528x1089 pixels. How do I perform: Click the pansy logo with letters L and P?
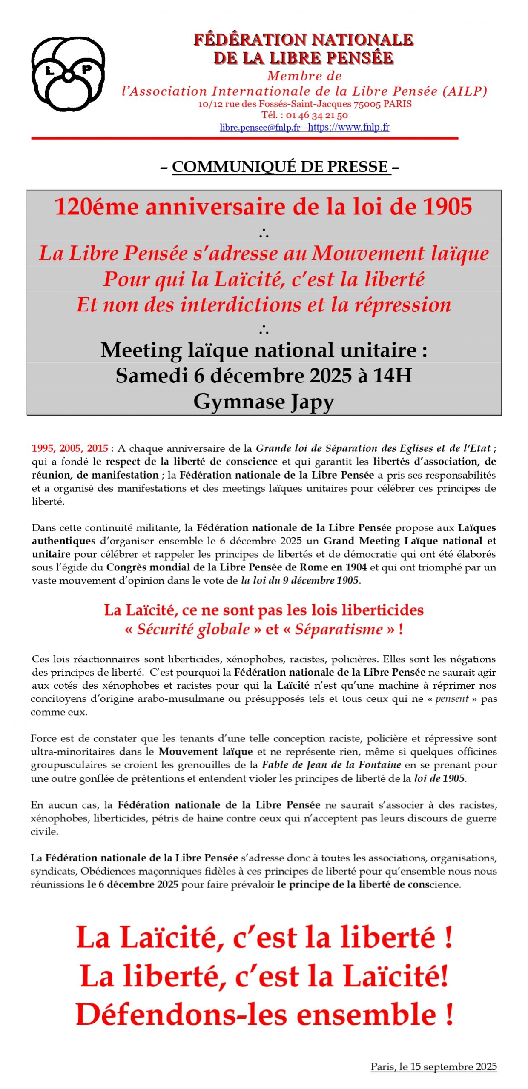tap(68, 74)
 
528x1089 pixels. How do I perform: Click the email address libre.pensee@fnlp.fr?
tap(260, 127)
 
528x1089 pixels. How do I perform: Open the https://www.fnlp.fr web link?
tap(348, 127)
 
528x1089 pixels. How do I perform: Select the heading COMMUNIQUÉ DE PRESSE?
tap(281, 167)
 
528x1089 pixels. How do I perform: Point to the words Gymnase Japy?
tap(264, 401)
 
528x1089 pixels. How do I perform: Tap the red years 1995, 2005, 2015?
tap(70, 448)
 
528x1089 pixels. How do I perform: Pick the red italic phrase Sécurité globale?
tap(193, 629)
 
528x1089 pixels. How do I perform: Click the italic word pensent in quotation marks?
tap(452, 699)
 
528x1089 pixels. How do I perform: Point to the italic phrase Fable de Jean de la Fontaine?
tap(331, 765)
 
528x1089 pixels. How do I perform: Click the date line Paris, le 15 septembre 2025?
tap(433, 1066)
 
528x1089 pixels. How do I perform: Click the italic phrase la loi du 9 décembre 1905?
tap(300, 580)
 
